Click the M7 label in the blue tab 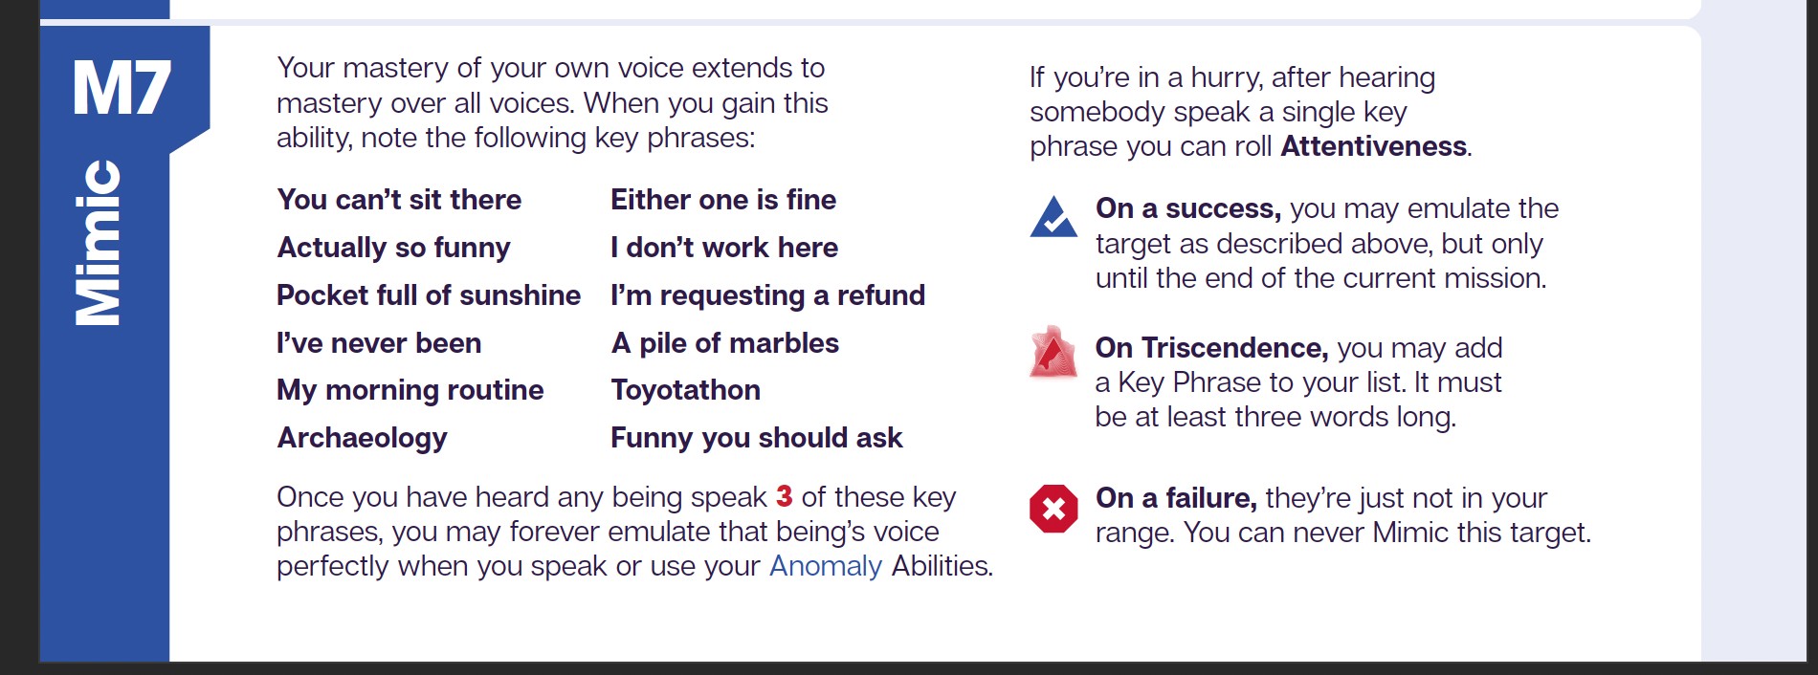pyautogui.click(x=122, y=89)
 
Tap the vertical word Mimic pyautogui.click(x=99, y=243)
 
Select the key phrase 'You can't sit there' pyautogui.click(x=399, y=200)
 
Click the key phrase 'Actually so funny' pyautogui.click(x=393, y=248)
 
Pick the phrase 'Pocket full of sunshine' pyautogui.click(x=429, y=294)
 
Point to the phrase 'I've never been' pyautogui.click(x=379, y=342)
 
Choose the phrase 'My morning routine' pyautogui.click(x=410, y=390)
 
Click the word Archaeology pyautogui.click(x=363, y=438)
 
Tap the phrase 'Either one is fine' pyautogui.click(x=723, y=200)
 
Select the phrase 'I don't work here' pyautogui.click(x=724, y=248)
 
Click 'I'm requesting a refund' pyautogui.click(x=768, y=295)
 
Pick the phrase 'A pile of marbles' pyautogui.click(x=725, y=342)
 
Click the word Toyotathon pyautogui.click(x=686, y=390)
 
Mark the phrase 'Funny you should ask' pyautogui.click(x=757, y=438)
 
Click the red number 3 pyautogui.click(x=785, y=496)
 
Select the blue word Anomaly pyautogui.click(x=826, y=566)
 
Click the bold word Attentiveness pyautogui.click(x=1374, y=146)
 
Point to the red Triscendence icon pyautogui.click(x=1053, y=352)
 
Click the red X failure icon pyautogui.click(x=1053, y=508)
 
